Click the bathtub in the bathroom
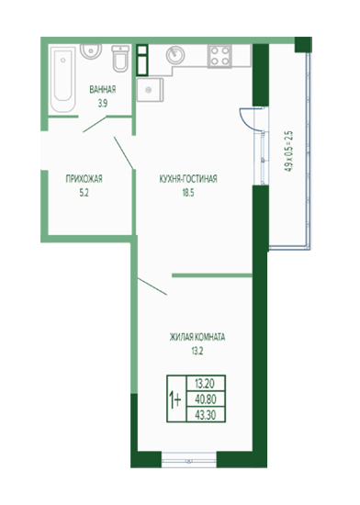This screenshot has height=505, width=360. click(63, 79)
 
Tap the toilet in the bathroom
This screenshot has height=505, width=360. click(120, 58)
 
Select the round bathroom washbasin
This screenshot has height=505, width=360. click(91, 51)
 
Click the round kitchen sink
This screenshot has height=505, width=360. click(175, 55)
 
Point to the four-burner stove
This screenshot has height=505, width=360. click(219, 56)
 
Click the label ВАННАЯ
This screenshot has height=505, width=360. click(103, 90)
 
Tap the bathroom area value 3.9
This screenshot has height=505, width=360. click(103, 104)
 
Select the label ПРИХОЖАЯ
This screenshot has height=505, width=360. click(84, 179)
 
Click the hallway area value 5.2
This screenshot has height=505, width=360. click(84, 193)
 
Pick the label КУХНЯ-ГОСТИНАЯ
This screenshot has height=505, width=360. click(188, 179)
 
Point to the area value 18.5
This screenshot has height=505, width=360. click(188, 193)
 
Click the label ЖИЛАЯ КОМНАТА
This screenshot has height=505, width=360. click(197, 337)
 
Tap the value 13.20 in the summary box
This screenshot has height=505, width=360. click(206, 384)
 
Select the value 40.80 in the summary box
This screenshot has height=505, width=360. click(206, 399)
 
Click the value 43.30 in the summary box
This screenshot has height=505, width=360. click(206, 415)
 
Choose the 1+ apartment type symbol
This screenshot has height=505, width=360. click(175, 400)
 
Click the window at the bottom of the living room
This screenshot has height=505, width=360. click(188, 461)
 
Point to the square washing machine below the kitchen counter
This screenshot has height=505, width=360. click(150, 90)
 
